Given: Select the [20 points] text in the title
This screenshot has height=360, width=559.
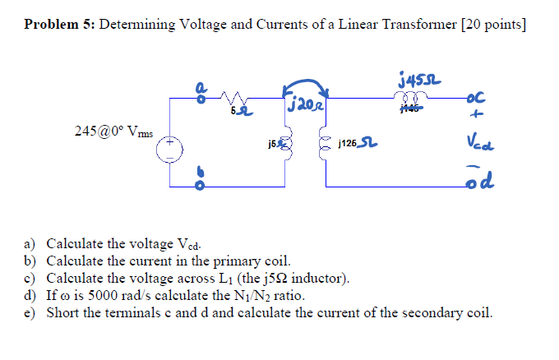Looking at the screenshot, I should [x=495, y=25].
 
